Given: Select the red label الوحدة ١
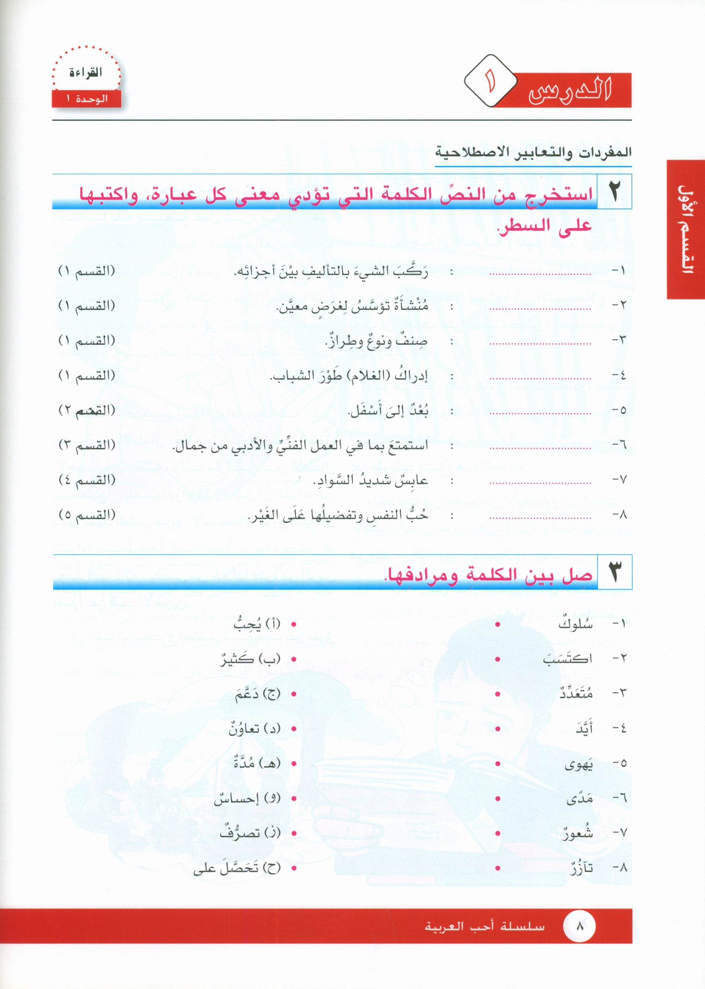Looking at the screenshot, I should click(86, 99).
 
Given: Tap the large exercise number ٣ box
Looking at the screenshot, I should click(615, 572).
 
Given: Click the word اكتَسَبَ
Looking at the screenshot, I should click(568, 659).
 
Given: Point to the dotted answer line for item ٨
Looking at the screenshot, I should click(540, 518).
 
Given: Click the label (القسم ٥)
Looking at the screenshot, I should click(87, 515).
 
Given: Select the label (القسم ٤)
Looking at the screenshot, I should click(87, 480).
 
